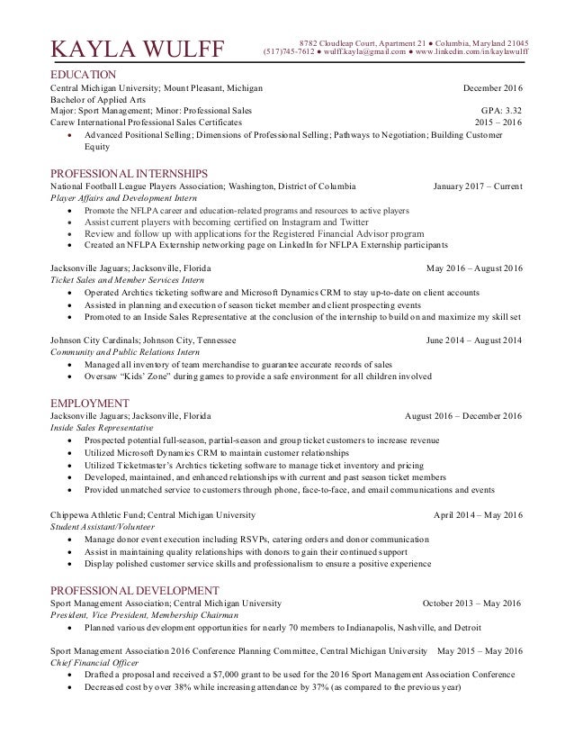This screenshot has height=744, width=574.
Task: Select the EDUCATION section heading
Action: click(x=83, y=73)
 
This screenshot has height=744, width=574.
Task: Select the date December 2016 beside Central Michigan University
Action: click(x=492, y=87)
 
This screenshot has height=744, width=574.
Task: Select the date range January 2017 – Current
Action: click(x=477, y=186)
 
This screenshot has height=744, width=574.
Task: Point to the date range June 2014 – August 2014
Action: click(x=472, y=341)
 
